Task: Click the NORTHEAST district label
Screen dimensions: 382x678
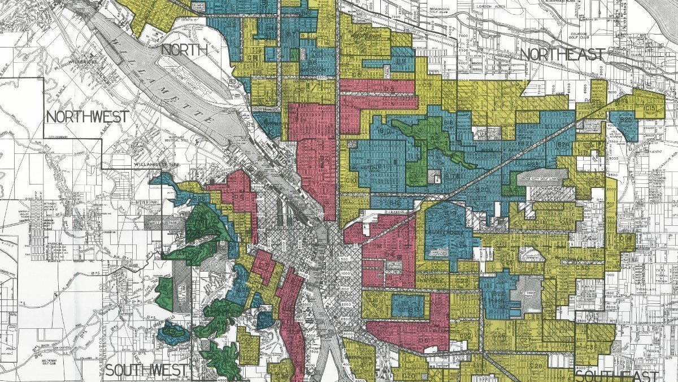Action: click(562, 54)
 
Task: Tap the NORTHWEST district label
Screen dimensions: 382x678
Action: click(87, 117)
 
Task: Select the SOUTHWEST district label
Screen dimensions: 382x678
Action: click(146, 371)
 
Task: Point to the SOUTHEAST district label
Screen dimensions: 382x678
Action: click(616, 376)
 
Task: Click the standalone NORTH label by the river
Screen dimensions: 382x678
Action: click(184, 50)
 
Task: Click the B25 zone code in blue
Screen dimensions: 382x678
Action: click(625, 121)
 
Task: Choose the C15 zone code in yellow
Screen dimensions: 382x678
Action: click(650, 107)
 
